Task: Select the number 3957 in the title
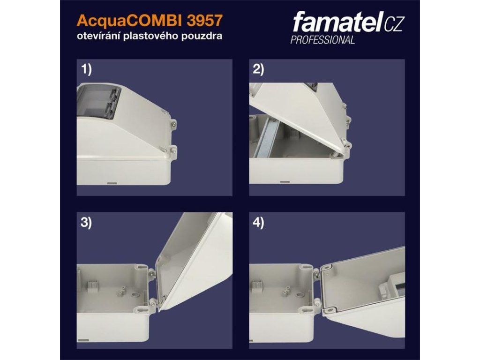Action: (204, 21)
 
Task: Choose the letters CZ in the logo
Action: (393, 24)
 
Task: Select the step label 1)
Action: (86, 70)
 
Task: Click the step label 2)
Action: (259, 70)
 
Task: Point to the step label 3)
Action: (86, 223)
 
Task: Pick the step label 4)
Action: (259, 223)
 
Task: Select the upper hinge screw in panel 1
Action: (173, 124)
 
